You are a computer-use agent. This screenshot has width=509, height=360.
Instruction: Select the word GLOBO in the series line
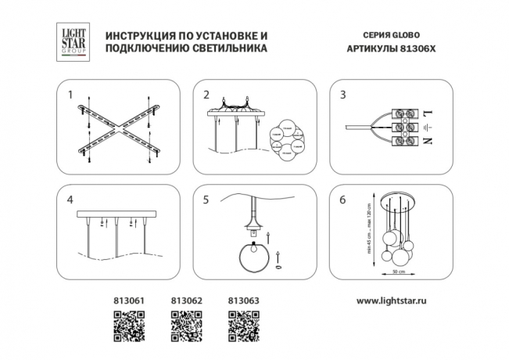(389, 36)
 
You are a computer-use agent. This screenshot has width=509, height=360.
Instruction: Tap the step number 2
(206, 95)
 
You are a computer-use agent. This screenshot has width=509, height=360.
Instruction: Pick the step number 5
(206, 200)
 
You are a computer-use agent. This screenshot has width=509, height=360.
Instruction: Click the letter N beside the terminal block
(427, 141)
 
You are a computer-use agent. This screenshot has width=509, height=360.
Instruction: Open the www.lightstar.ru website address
(396, 300)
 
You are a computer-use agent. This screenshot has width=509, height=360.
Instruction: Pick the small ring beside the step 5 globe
(278, 267)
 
